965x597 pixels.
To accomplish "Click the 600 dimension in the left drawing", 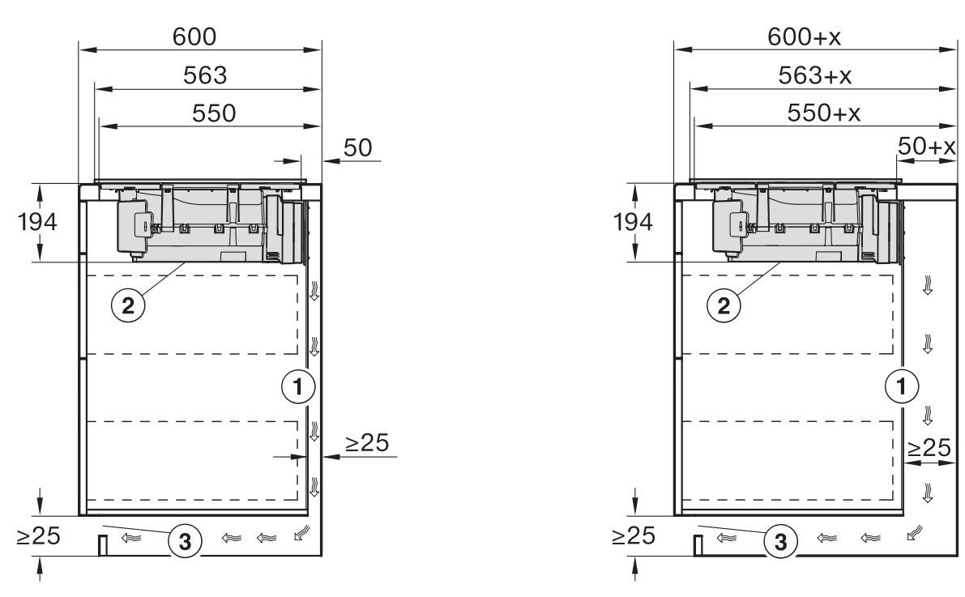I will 194,37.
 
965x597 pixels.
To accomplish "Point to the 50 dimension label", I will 358,148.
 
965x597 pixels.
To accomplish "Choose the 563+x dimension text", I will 817,75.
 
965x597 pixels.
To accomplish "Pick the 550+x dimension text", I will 823,113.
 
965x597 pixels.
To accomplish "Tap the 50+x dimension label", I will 927,148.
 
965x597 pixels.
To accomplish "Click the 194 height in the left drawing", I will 37,222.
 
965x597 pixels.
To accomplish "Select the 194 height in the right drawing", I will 634,222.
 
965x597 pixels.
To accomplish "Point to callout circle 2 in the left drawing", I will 126,305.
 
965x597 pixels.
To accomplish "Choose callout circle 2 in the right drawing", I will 723,305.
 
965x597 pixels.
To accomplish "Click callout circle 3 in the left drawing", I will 184,542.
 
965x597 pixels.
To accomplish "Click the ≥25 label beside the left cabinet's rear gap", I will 367,443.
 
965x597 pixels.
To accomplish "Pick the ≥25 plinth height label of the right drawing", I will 633,535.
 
